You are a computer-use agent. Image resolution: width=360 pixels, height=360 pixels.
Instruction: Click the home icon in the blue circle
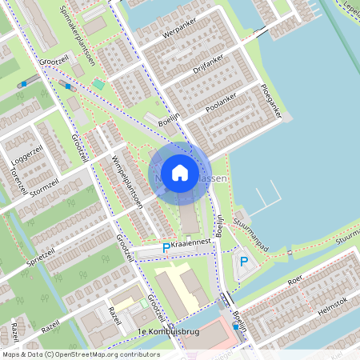[x=180, y=173]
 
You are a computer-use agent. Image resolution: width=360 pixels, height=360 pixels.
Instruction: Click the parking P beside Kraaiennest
[x=166, y=249]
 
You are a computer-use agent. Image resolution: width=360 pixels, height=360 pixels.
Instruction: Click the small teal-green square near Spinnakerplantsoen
[x=98, y=83]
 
